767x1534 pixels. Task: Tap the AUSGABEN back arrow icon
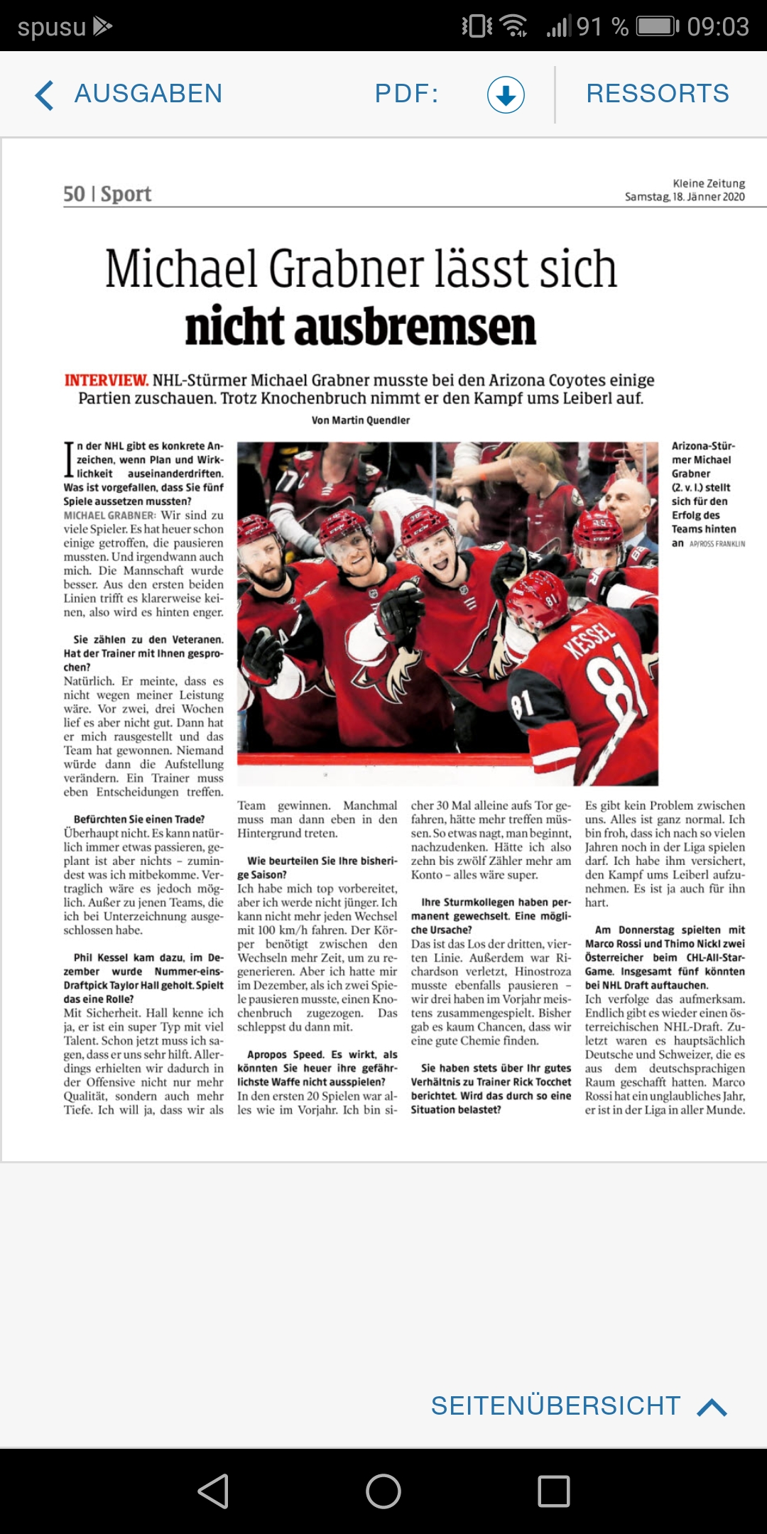[44, 94]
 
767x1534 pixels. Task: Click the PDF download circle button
[506, 94]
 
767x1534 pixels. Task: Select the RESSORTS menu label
[657, 94]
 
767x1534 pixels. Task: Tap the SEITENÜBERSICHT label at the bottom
[555, 1405]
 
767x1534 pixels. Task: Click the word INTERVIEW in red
[106, 381]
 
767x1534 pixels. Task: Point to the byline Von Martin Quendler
[361, 420]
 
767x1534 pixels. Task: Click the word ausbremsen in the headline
[360, 327]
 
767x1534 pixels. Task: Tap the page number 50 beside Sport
[74, 194]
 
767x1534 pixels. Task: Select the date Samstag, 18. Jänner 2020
[685, 197]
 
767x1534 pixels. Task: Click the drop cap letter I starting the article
[69, 459]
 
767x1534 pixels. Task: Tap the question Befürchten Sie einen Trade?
[139, 819]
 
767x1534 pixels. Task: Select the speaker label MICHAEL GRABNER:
[109, 516]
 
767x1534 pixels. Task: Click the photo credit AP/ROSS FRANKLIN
[717, 544]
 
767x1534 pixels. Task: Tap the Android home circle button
[383, 1491]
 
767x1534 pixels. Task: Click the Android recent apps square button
[554, 1491]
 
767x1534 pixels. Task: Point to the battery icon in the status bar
[657, 27]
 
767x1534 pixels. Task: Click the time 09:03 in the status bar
[717, 27]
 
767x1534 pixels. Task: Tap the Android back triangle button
[213, 1491]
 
